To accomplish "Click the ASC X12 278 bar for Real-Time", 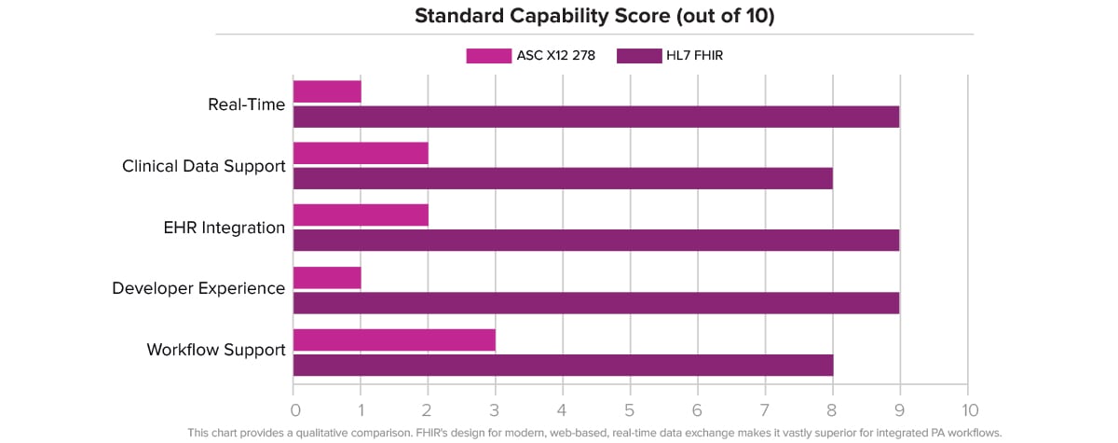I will click(327, 91).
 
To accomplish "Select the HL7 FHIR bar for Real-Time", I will click(596, 117).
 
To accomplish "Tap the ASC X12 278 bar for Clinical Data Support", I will click(361, 153).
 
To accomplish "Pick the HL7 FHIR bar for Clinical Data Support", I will click(563, 178).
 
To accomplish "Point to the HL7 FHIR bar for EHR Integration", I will click(596, 240).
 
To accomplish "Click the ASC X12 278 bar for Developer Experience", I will click(327, 277).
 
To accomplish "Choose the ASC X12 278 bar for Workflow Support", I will click(394, 339).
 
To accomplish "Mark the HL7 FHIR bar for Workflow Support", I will click(563, 364).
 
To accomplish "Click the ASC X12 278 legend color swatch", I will click(488, 56).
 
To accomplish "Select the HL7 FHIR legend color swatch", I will click(639, 56).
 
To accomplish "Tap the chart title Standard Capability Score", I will click(595, 16).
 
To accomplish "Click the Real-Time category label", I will click(246, 104).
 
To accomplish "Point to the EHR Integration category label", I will click(224, 228).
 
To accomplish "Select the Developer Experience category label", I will click(198, 289).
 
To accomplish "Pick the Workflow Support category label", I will click(215, 351).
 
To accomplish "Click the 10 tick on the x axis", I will click(969, 410).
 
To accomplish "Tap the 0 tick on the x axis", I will click(294, 410).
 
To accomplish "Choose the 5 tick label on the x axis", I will click(631, 410).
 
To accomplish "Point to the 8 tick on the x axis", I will click(833, 410).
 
